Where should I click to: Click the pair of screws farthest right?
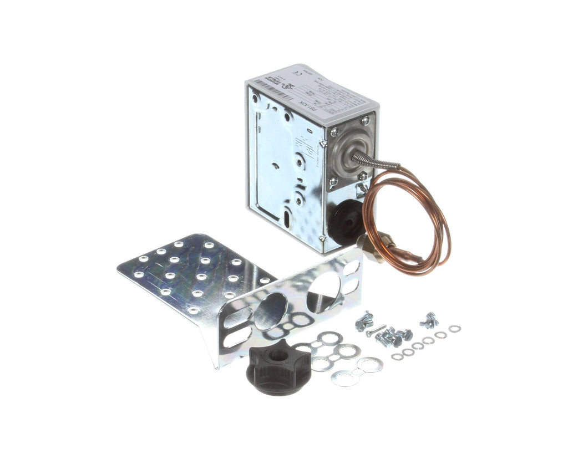coord(429,320)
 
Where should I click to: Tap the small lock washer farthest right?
coord(455,329)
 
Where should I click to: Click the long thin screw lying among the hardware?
coord(375,331)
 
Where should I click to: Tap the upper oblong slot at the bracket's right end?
coord(351,269)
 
